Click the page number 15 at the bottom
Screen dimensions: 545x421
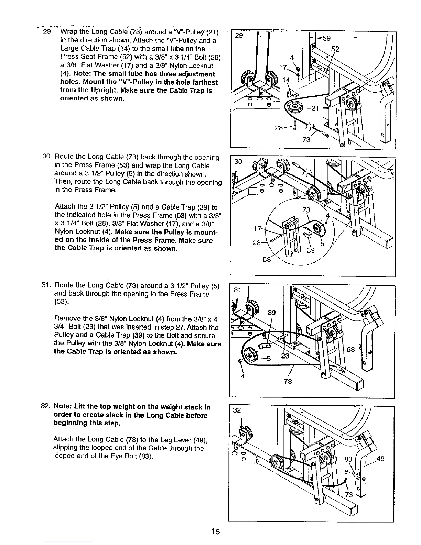216,532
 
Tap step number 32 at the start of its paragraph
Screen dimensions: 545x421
46,407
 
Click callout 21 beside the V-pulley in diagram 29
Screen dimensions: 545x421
315,109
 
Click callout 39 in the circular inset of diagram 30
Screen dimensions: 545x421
311,250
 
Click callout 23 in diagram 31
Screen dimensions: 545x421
285,356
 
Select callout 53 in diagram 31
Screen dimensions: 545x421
351,350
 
